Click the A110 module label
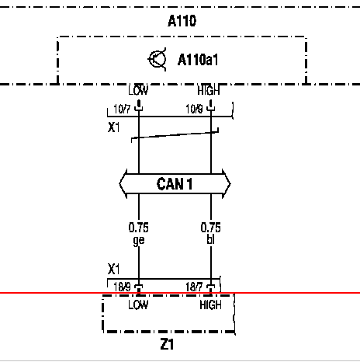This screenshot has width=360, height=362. (182, 21)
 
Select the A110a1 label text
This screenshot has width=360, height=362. (198, 60)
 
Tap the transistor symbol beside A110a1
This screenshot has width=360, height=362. (157, 59)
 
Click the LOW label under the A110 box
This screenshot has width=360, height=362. (138, 90)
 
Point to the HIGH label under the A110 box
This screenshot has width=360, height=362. (209, 90)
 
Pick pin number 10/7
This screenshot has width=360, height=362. (122, 109)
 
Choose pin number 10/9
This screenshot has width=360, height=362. (194, 109)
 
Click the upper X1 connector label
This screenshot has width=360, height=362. (114, 127)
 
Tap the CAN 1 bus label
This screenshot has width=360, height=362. (175, 184)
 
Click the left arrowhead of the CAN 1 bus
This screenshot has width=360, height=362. (123, 184)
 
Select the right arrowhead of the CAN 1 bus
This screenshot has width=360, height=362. (227, 184)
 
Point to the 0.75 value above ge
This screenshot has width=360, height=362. (139, 228)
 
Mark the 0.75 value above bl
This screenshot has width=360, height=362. (211, 228)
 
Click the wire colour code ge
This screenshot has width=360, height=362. (139, 241)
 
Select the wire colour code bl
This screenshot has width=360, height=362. (211, 239)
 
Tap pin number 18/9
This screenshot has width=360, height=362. (122, 287)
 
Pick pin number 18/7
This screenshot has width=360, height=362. (194, 287)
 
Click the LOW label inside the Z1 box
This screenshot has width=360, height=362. (138, 305)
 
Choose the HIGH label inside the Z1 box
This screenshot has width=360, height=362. (211, 305)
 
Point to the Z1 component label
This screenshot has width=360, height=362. (167, 345)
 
